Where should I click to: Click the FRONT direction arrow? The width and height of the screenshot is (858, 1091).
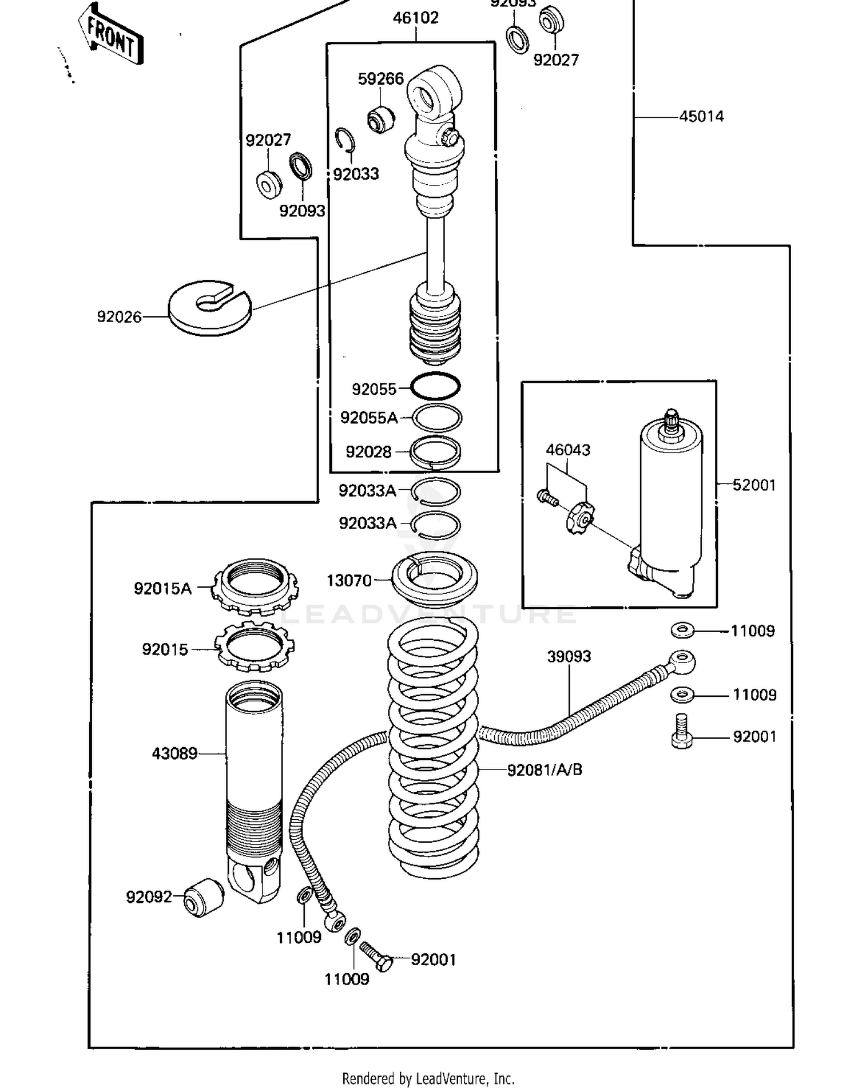tap(111, 35)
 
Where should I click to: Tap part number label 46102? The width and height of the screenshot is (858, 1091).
tap(415, 18)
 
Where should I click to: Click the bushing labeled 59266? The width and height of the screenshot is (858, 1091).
tap(380, 119)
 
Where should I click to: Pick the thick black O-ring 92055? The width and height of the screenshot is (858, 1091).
tap(435, 386)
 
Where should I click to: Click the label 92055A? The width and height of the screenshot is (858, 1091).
tap(368, 418)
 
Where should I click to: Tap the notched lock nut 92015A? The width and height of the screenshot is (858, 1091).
tap(255, 585)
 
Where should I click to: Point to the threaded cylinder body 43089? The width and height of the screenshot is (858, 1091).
tap(253, 784)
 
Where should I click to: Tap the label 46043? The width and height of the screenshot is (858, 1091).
tap(567, 450)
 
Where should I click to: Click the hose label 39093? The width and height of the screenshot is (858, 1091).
tap(569, 656)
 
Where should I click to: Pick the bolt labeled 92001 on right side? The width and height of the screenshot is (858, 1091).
tap(681, 732)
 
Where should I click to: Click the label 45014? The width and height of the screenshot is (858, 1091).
tap(701, 117)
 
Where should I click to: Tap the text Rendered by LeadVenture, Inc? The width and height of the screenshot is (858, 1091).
tap(428, 1078)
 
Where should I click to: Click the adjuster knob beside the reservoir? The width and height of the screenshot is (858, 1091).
tap(579, 516)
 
